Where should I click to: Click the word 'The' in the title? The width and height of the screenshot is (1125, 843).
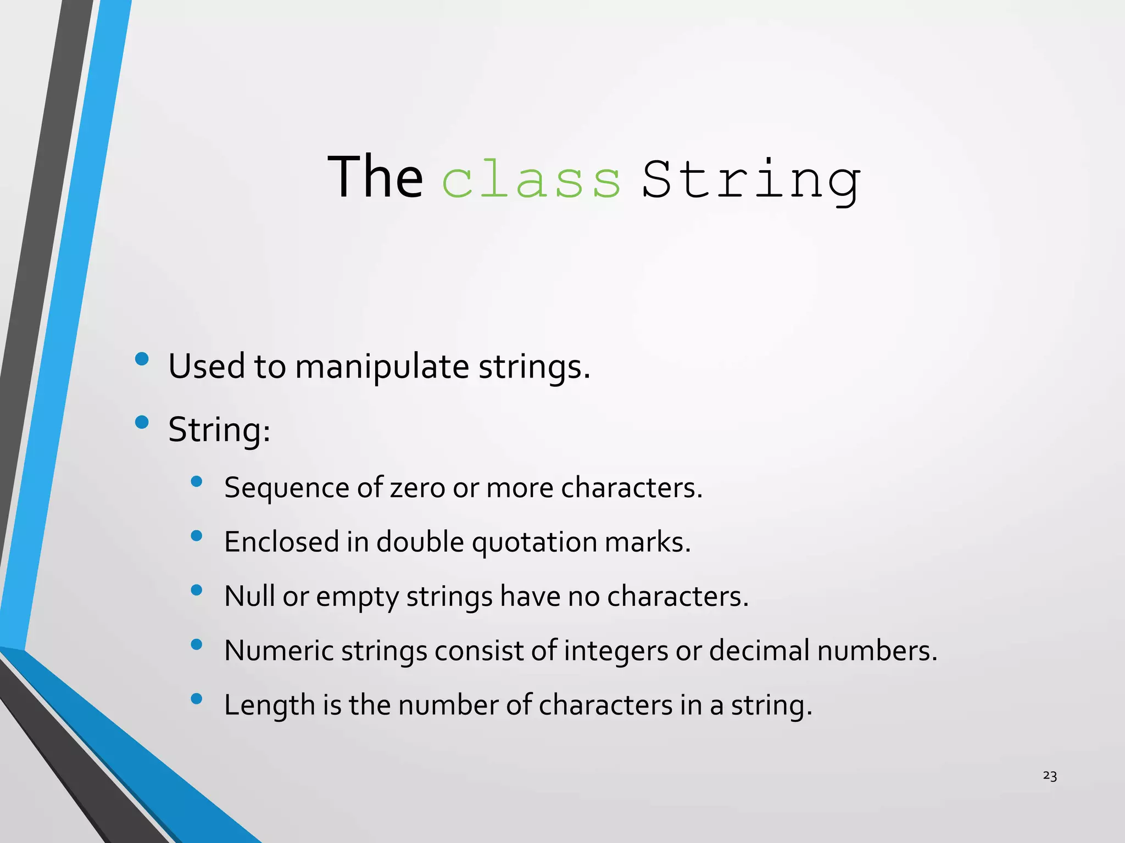[x=375, y=177]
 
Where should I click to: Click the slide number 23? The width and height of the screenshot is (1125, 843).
[x=1050, y=775]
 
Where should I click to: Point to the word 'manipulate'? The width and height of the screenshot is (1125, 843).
[x=382, y=367]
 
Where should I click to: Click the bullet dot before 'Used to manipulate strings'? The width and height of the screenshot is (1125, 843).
[x=142, y=359]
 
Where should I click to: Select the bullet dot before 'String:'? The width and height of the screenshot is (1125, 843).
[x=142, y=422]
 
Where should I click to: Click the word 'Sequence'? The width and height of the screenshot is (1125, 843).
[x=287, y=488]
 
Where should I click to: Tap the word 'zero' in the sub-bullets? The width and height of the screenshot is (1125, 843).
[x=417, y=488]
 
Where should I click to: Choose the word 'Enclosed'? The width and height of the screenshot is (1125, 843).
[x=281, y=542]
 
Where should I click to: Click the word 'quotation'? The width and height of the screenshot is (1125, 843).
[x=534, y=542]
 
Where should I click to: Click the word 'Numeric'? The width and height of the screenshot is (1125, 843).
[x=279, y=651]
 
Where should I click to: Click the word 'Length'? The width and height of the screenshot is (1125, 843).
[x=269, y=705]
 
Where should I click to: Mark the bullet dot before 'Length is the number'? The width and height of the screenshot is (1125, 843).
[x=196, y=699]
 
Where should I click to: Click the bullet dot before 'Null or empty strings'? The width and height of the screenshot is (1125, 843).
[x=196, y=590]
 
